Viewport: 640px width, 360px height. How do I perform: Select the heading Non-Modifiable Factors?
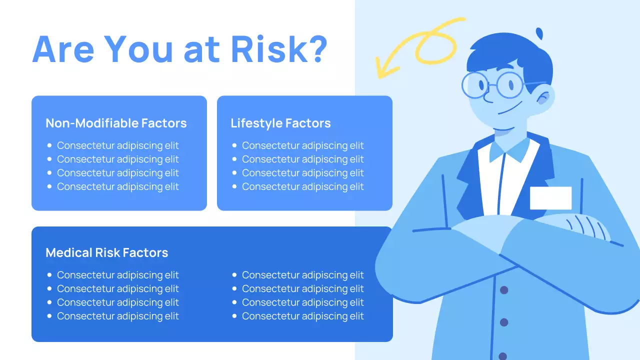[116, 123]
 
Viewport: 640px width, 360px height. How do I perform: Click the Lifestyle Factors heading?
[280, 123]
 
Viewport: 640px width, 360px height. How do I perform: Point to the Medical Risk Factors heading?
[106, 252]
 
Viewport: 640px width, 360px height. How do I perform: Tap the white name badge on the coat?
[550, 198]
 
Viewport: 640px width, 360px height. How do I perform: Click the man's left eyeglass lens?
[474, 85]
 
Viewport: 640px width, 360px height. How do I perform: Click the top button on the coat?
[504, 290]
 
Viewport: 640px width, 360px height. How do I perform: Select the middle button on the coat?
[504, 322]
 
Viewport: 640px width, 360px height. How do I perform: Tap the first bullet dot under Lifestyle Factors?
[234, 145]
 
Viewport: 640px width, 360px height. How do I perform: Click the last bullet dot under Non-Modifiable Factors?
[49, 186]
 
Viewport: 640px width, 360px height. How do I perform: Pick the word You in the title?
[140, 48]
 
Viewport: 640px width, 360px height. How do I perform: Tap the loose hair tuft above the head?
[539, 33]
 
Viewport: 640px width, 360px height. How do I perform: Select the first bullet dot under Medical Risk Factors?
[49, 275]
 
